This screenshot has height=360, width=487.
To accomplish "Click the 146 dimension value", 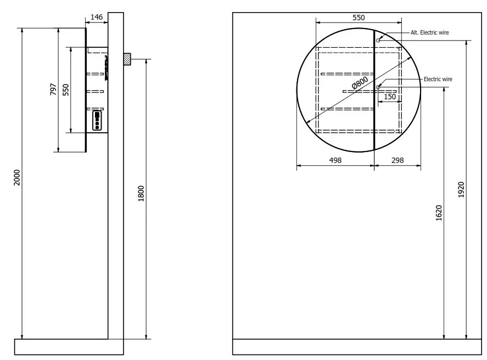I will (96, 17).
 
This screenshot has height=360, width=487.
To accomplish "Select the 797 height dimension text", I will (53, 89).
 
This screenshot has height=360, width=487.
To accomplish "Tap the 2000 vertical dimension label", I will (16, 177).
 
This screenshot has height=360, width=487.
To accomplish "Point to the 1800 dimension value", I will (141, 194).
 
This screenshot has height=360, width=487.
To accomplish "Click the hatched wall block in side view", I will (127, 59).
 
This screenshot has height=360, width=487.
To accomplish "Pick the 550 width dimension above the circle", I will (358, 18).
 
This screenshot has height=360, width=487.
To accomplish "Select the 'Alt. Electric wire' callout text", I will (429, 32).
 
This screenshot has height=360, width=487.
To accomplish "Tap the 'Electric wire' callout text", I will (438, 79).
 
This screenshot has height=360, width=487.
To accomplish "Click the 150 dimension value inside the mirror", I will (389, 97).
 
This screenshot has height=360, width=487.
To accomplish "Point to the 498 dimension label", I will (335, 160).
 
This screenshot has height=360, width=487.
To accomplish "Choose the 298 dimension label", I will (398, 160).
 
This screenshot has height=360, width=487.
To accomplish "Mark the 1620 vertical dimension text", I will (439, 213).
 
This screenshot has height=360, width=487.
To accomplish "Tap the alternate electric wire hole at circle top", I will (378, 40).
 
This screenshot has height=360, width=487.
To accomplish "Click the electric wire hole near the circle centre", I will (378, 87).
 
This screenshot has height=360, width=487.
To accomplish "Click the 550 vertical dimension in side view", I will (65, 90).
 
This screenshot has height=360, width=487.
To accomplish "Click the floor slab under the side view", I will (69, 347).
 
